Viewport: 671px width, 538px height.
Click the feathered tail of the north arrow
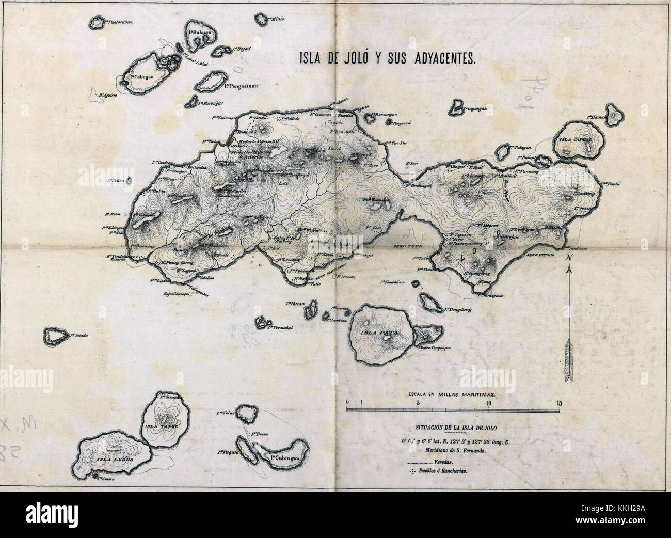[568, 356]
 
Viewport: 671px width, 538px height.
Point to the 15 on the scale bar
[559, 402]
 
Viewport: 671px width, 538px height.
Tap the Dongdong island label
[457, 310]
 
